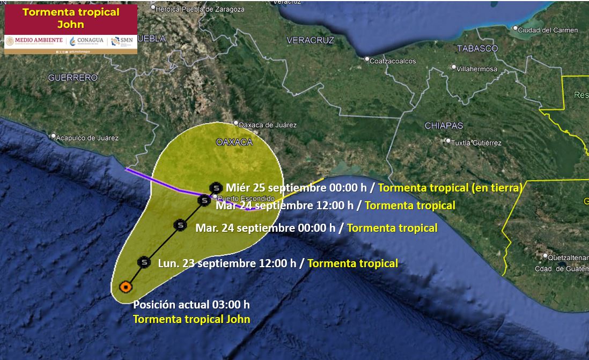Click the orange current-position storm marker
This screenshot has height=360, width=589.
coord(126,287)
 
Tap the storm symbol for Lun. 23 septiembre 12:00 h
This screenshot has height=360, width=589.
coord(143,262)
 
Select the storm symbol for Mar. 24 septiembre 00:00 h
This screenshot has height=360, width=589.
coord(180,225)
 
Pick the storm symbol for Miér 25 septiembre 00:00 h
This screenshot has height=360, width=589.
coord(216,187)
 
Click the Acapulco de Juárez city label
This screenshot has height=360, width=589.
coord(87,138)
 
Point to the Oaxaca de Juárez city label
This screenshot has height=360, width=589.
coord(267,125)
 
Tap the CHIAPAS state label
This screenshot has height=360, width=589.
coord(444,126)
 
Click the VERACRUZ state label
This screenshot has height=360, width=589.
coord(310,40)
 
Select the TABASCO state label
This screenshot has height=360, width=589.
coord(477,48)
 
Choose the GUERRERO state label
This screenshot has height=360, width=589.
coord(73,78)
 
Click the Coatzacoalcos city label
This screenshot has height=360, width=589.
coord(393,61)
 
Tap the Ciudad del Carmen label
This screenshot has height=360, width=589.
coord(548,30)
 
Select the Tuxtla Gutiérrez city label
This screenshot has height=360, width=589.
coord(476,143)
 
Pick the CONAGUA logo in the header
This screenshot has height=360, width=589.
coord(87,41)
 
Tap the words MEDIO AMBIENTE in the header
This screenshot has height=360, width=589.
coord(35,41)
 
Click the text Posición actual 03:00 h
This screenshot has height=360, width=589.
coord(192,305)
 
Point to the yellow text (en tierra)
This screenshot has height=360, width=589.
coord(496,188)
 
